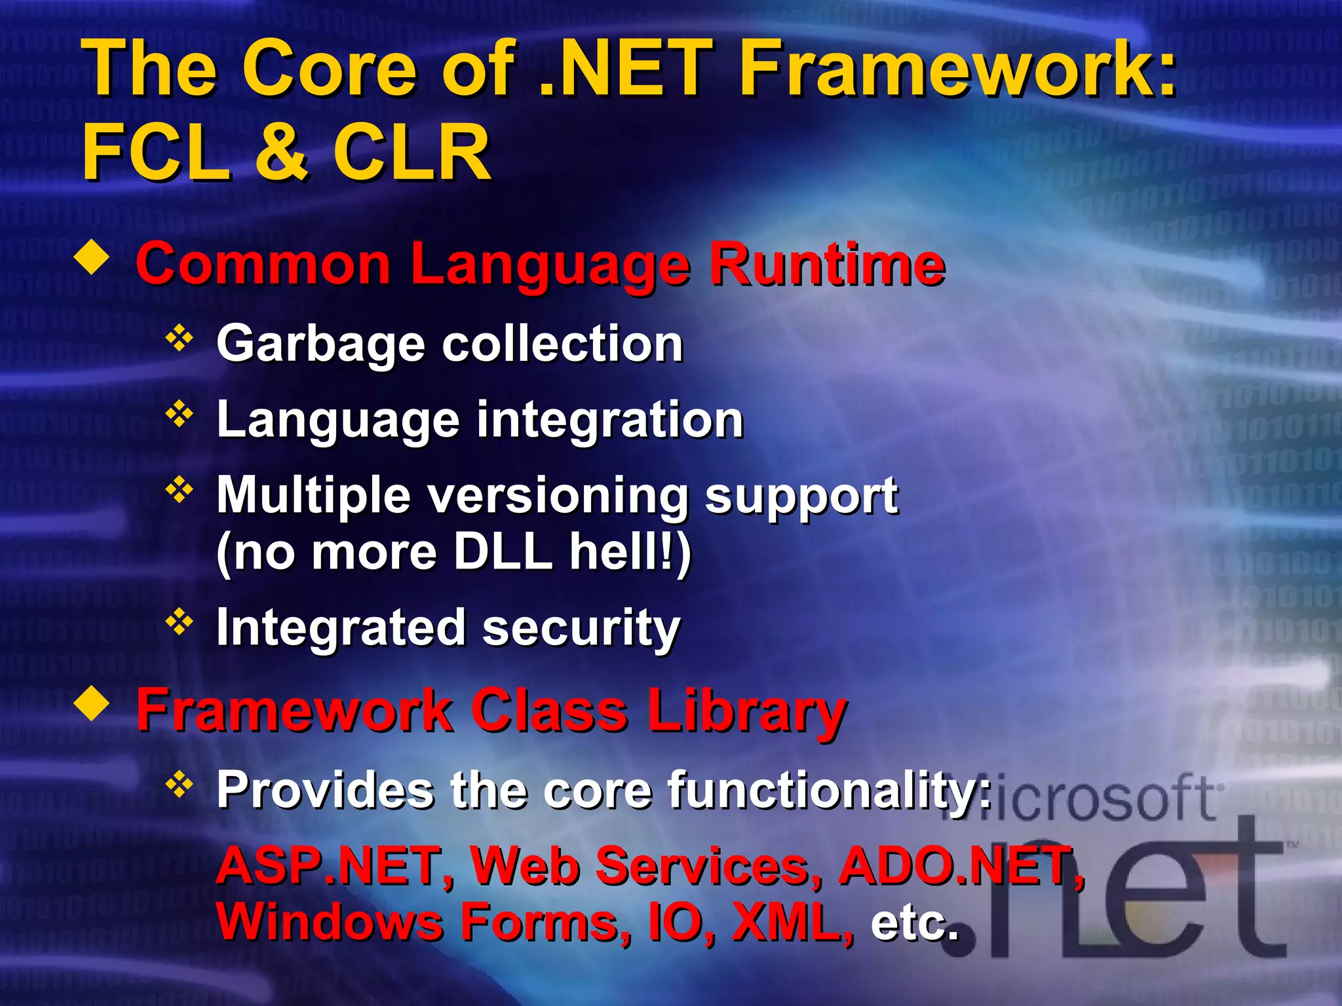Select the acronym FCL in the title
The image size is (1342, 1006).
point(156,152)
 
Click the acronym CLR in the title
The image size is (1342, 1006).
point(412,152)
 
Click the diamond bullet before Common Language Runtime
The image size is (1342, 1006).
point(92,257)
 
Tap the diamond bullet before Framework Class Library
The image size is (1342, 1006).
point(92,705)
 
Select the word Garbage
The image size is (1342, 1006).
point(320,345)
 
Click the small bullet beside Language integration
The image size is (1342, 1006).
point(179,415)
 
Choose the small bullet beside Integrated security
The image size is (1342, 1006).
point(179,622)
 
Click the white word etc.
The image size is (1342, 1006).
point(913,922)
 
